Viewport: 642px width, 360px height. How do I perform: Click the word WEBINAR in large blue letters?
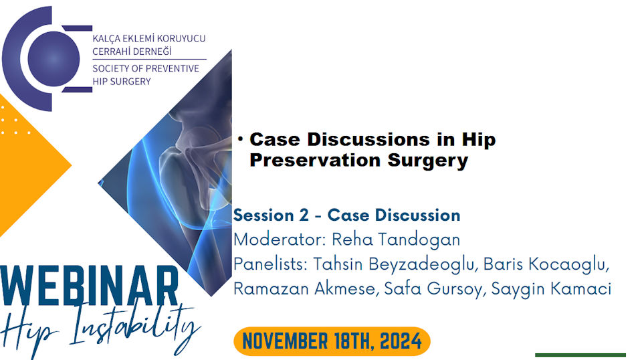[90, 286]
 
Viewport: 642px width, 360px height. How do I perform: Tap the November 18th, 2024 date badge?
[332, 341]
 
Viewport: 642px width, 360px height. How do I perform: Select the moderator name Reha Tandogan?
[396, 240]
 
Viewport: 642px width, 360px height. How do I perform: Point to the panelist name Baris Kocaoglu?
[546, 264]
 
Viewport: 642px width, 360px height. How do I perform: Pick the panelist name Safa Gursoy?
[435, 289]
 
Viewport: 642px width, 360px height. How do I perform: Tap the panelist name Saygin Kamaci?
[551, 289]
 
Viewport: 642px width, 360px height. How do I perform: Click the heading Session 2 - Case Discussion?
[347, 215]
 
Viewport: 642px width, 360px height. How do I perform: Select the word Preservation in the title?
[316, 160]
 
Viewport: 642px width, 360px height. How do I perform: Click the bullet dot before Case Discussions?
[240, 139]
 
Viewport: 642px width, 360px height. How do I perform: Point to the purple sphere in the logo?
[53, 59]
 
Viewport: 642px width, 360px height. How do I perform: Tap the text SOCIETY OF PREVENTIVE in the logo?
[146, 68]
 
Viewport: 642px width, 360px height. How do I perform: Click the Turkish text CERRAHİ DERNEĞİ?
[132, 52]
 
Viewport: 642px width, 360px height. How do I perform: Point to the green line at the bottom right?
[580, 355]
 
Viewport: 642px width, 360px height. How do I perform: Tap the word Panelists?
[270, 264]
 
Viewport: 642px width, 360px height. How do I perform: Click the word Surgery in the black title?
[428, 161]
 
